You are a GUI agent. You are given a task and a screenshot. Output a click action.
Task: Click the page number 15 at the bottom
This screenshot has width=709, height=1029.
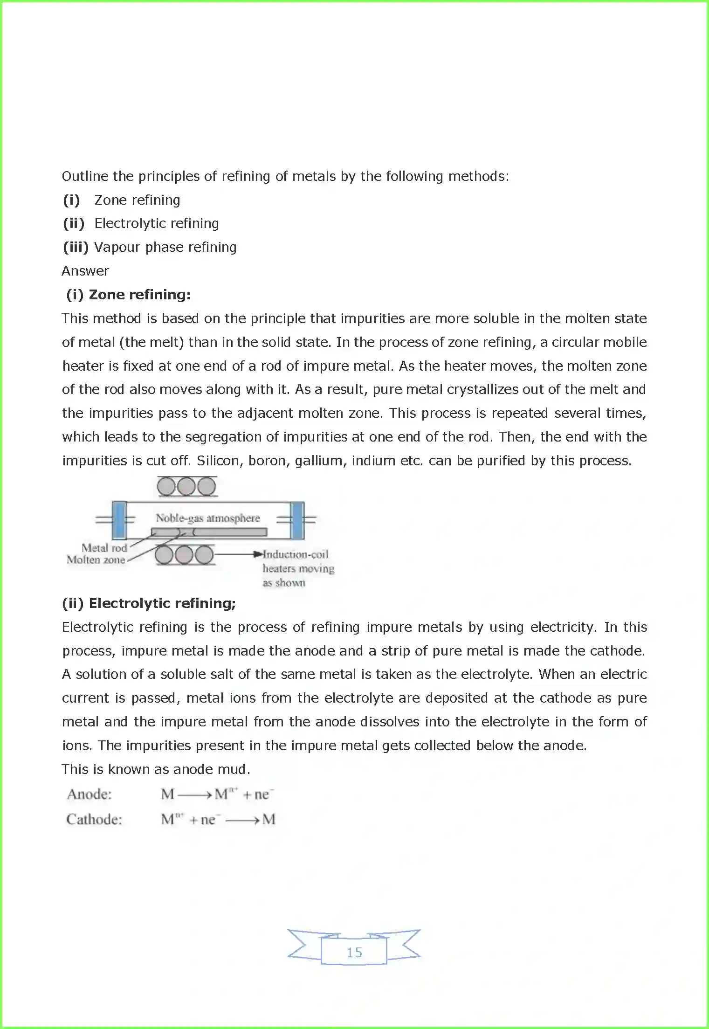[x=354, y=952]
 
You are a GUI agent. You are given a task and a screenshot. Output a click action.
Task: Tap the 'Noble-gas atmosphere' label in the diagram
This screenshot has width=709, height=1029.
[x=207, y=518]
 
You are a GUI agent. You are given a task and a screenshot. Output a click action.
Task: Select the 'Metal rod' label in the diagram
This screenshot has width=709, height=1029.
[x=104, y=548]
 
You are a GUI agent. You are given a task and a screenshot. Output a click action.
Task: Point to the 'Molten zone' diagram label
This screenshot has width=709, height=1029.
[x=96, y=559]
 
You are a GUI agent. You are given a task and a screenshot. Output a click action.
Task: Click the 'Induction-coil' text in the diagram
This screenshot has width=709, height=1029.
[x=296, y=554]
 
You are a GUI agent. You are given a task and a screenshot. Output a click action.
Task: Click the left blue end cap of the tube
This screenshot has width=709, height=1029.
[x=119, y=520]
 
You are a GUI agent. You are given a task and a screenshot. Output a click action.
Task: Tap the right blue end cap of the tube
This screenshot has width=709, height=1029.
[x=297, y=520]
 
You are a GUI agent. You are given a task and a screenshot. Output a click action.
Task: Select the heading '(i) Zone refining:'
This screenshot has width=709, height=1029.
[x=128, y=295]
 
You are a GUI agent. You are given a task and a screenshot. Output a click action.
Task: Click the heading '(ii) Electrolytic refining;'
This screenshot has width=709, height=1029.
[x=149, y=603]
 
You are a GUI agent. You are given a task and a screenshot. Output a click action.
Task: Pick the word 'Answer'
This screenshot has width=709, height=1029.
[x=85, y=271]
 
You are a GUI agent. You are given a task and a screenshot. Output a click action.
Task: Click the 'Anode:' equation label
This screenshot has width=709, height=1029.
[x=89, y=794]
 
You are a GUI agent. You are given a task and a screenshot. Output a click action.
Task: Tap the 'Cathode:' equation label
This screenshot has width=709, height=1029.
[x=94, y=820]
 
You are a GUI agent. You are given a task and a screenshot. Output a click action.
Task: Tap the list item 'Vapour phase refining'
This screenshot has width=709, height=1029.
[x=165, y=247]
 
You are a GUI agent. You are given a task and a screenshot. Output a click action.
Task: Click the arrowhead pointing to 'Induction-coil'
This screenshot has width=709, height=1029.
[x=258, y=554]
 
